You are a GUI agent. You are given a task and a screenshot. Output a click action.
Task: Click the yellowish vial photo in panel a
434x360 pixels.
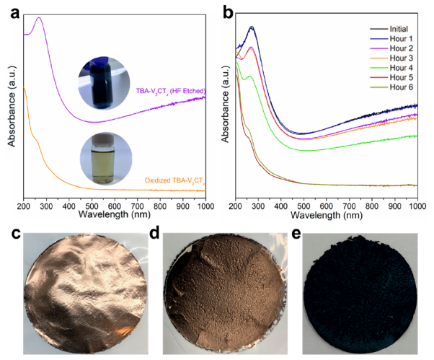[x=105, y=155]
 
